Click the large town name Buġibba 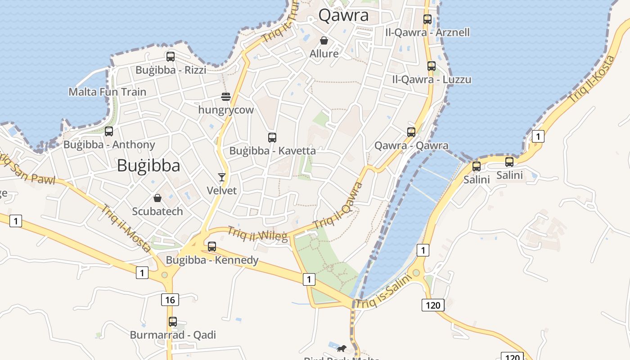pos(148,166)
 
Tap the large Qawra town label pos(343,15)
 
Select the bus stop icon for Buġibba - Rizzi pos(171,57)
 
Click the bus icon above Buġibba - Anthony pos(109,131)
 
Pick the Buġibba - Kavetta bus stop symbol pos(272,138)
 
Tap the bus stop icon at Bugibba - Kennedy pos(212,247)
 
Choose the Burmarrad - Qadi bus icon pos(173,322)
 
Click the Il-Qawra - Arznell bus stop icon pos(427,19)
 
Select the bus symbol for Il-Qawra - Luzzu pos(432,66)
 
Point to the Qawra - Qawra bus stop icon pos(411,132)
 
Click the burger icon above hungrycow pos(226,96)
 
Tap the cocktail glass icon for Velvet pos(221,177)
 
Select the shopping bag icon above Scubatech pos(157,198)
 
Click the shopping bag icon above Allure pos(324,40)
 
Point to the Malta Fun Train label pos(107,92)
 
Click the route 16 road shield pos(170,300)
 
